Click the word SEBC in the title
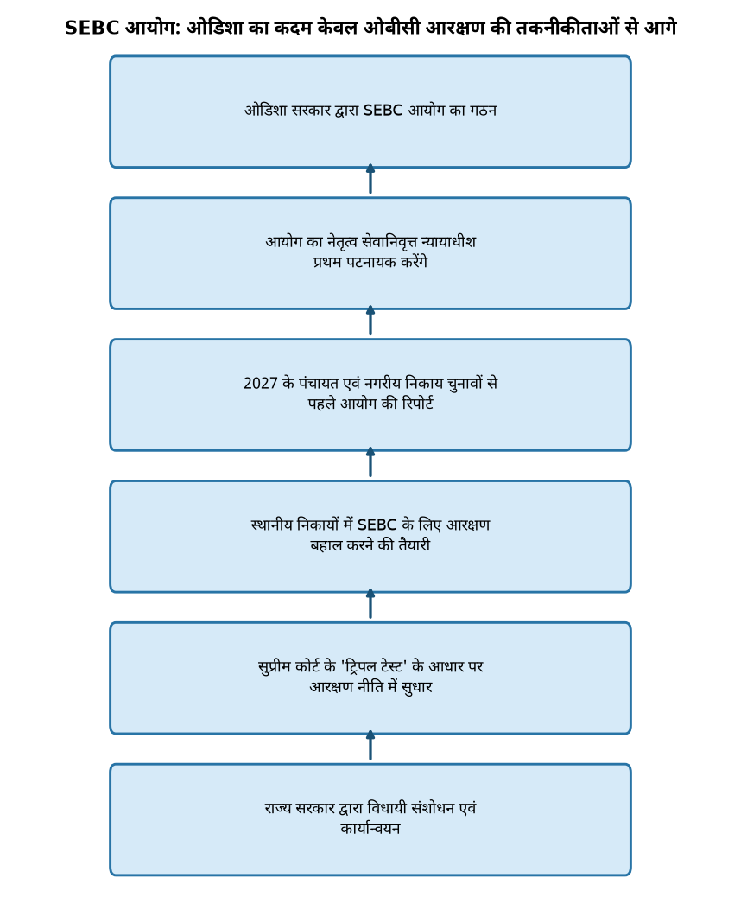pos(92,28)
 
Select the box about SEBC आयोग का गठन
pos(370,111)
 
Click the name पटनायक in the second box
pos(371,263)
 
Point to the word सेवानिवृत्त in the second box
pos(389,241)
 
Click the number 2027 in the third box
pos(260,384)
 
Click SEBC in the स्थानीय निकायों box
pos(377,525)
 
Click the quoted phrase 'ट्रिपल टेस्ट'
pos(373,667)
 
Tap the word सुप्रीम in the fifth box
pos(275,667)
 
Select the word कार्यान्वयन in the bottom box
pos(370,829)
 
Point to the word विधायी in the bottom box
pos(388,808)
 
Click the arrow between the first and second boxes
pos(370,180)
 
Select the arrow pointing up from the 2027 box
pos(370,321)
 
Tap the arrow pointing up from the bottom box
pos(370,746)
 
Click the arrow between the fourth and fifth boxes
pos(370,604)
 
